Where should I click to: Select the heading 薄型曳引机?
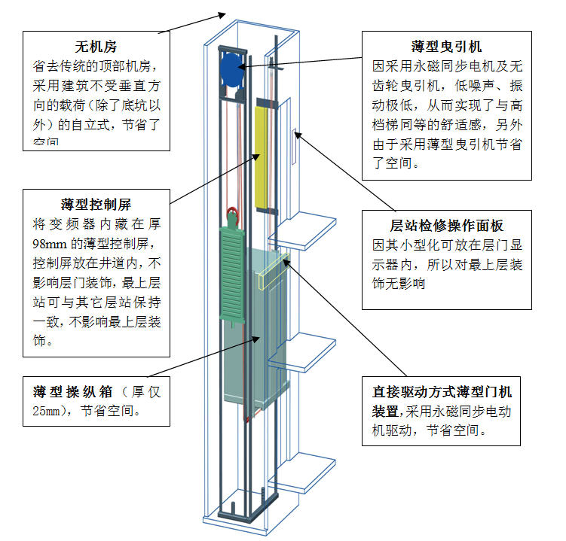[447, 47]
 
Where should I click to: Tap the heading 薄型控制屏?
[96, 205]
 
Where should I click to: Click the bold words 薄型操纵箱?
[73, 392]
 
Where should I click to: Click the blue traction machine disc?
[231, 69]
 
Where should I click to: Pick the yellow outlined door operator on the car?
[274, 272]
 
